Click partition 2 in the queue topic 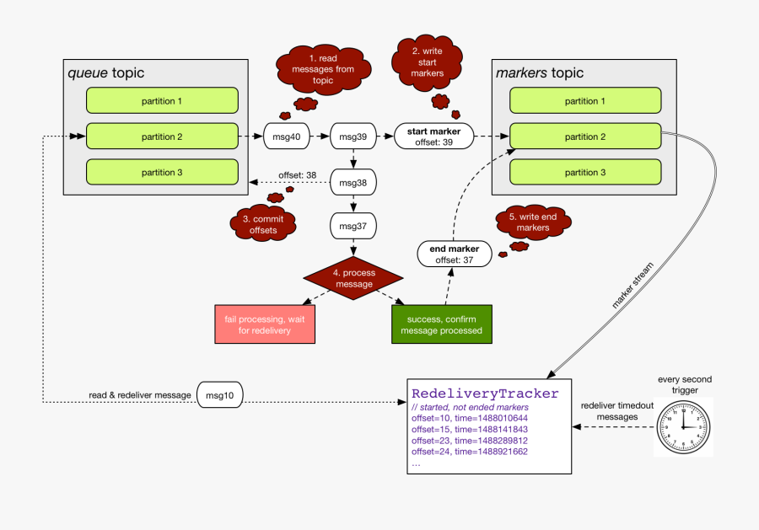pyautogui.click(x=161, y=137)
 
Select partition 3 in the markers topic pyautogui.click(x=585, y=172)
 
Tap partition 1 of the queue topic pyautogui.click(x=161, y=101)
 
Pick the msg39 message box pyautogui.click(x=353, y=136)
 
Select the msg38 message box pyautogui.click(x=353, y=181)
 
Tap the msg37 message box pyautogui.click(x=353, y=226)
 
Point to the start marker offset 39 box pyautogui.click(x=433, y=136)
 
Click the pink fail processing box pyautogui.click(x=265, y=324)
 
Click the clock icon pyautogui.click(x=683, y=426)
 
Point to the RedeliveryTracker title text pyautogui.click(x=485, y=393)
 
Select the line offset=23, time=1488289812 pyautogui.click(x=470, y=440)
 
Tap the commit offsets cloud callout pyautogui.click(x=265, y=224)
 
